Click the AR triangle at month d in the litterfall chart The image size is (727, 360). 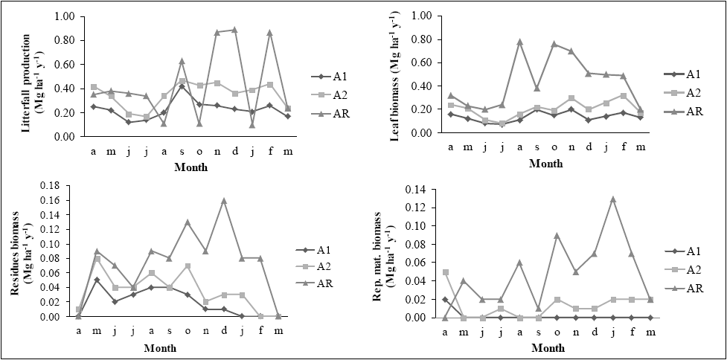[234, 30]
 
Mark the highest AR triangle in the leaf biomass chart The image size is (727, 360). [519, 42]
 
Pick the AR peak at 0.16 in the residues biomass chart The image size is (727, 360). [224, 201]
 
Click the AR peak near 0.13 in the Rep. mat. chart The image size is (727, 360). [612, 199]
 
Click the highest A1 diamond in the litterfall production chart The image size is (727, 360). [182, 86]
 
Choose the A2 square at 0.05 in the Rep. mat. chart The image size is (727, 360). [445, 272]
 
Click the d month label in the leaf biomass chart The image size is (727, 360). [588, 146]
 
